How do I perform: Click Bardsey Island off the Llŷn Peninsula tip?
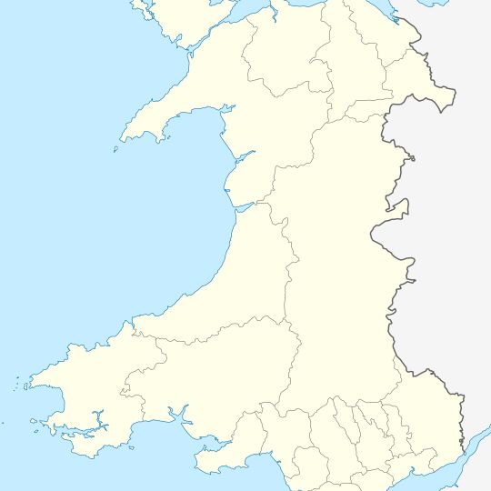(x=116, y=150)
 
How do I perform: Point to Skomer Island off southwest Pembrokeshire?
(x=33, y=421)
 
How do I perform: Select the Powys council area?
(x=336, y=273)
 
